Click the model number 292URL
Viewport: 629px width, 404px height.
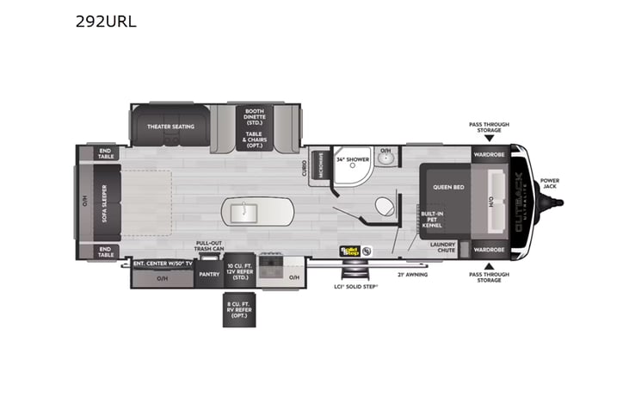coord(106,22)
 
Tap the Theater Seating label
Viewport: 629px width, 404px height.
coord(170,127)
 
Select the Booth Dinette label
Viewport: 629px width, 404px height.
coord(254,115)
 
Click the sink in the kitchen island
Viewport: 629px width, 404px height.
coord(242,210)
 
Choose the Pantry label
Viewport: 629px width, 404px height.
coord(209,275)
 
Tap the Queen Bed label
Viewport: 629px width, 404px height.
coord(448,186)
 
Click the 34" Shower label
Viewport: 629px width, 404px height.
coord(352,159)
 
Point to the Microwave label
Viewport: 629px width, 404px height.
coord(321,166)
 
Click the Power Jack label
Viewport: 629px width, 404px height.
coord(549,184)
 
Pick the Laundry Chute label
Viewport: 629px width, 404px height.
coord(442,247)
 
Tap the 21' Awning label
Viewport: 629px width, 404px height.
coord(412,275)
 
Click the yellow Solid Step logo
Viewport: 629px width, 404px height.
coord(350,252)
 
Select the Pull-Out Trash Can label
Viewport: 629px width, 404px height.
coord(209,246)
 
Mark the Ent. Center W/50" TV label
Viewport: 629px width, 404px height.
coord(162,263)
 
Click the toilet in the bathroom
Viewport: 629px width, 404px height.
coord(383,207)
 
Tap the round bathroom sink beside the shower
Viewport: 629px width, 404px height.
coord(386,159)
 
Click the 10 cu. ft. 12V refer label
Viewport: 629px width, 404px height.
coord(237,271)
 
